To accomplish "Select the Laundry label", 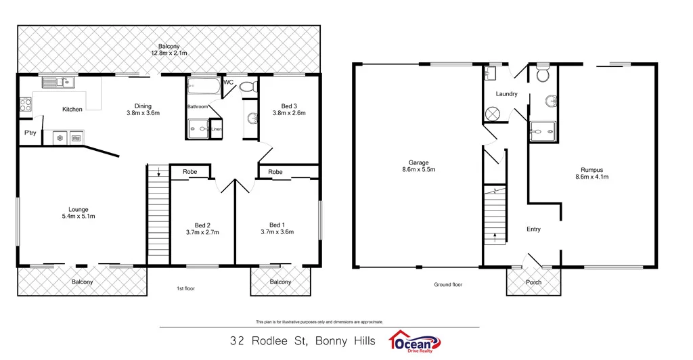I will [506, 94].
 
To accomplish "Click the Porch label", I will [533, 282].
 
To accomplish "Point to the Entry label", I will [533, 229].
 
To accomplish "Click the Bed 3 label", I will [289, 106].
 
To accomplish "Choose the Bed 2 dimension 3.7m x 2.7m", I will [202, 232].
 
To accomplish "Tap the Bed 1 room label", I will [277, 225].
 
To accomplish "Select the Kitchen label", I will [72, 110].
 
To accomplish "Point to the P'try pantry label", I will [30, 133].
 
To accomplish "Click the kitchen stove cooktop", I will [25, 105].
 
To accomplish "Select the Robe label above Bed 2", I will [190, 172].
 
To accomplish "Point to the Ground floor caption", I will [448, 285].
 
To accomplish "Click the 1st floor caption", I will [186, 288].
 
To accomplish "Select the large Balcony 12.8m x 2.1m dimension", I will [169, 53].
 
